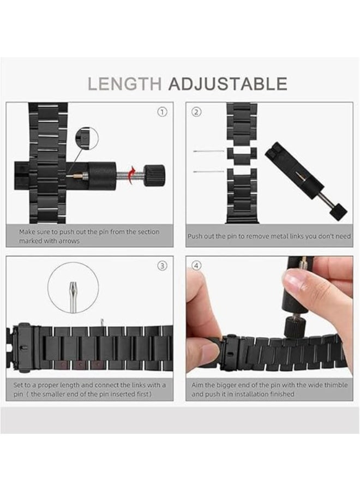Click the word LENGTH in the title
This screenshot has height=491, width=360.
coord(124,83)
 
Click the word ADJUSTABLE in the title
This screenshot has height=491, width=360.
coord(227,83)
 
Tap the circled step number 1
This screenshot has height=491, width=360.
coord(162,112)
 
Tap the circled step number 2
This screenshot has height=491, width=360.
coord(197,112)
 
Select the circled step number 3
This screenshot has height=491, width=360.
coord(162,266)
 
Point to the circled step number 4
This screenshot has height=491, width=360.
coord(197,266)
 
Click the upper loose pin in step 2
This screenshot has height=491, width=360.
coord(208,151)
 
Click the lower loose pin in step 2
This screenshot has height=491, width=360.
coord(208,172)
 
